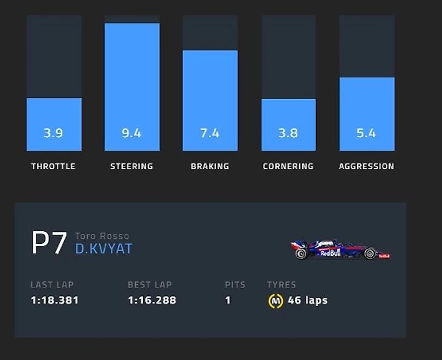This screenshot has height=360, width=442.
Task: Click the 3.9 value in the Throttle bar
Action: pyautogui.click(x=53, y=133)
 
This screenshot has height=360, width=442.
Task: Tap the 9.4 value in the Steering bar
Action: pyautogui.click(x=131, y=133)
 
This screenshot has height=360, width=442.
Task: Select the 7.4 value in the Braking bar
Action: pyautogui.click(x=209, y=133)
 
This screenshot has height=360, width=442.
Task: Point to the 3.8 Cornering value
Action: pyautogui.click(x=288, y=133)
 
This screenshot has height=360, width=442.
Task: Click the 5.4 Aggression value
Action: pyautogui.click(x=366, y=133)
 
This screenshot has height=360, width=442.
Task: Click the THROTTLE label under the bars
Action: pyautogui.click(x=53, y=166)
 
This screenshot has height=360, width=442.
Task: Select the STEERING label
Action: pyautogui.click(x=131, y=166)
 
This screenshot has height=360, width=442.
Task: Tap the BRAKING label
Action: pyautogui.click(x=209, y=166)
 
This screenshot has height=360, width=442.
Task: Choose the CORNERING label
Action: pyautogui.click(x=288, y=166)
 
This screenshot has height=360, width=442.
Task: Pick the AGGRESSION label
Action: pyautogui.click(x=366, y=166)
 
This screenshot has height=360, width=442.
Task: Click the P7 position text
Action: pyautogui.click(x=48, y=243)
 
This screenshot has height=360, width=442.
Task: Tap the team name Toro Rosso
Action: pyautogui.click(x=102, y=236)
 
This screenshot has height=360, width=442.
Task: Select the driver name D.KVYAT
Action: pyautogui.click(x=104, y=249)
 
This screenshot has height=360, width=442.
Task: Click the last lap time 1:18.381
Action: pyautogui.click(x=54, y=300)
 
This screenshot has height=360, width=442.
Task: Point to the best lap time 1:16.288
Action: pyautogui.click(x=152, y=300)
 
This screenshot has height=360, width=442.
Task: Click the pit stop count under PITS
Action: pyautogui.click(x=228, y=300)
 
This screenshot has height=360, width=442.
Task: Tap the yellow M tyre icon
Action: pyautogui.click(x=275, y=301)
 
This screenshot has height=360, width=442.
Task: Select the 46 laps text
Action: pyautogui.click(x=308, y=300)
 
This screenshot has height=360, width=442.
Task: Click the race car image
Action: pyautogui.click(x=341, y=249)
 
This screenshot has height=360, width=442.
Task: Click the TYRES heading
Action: pyautogui.click(x=282, y=284)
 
